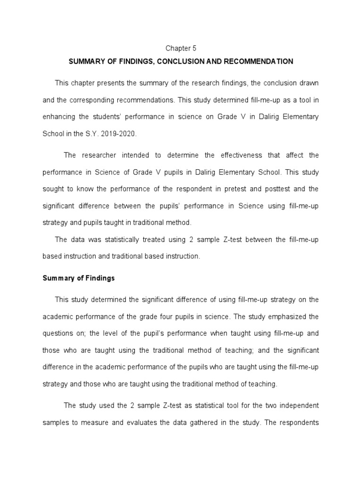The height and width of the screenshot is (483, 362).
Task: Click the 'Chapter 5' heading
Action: pyautogui.click(x=181, y=48)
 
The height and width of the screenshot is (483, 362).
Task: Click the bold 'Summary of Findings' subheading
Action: pyautogui.click(x=79, y=278)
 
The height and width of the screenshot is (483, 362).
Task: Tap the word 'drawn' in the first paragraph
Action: pyautogui.click(x=309, y=83)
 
